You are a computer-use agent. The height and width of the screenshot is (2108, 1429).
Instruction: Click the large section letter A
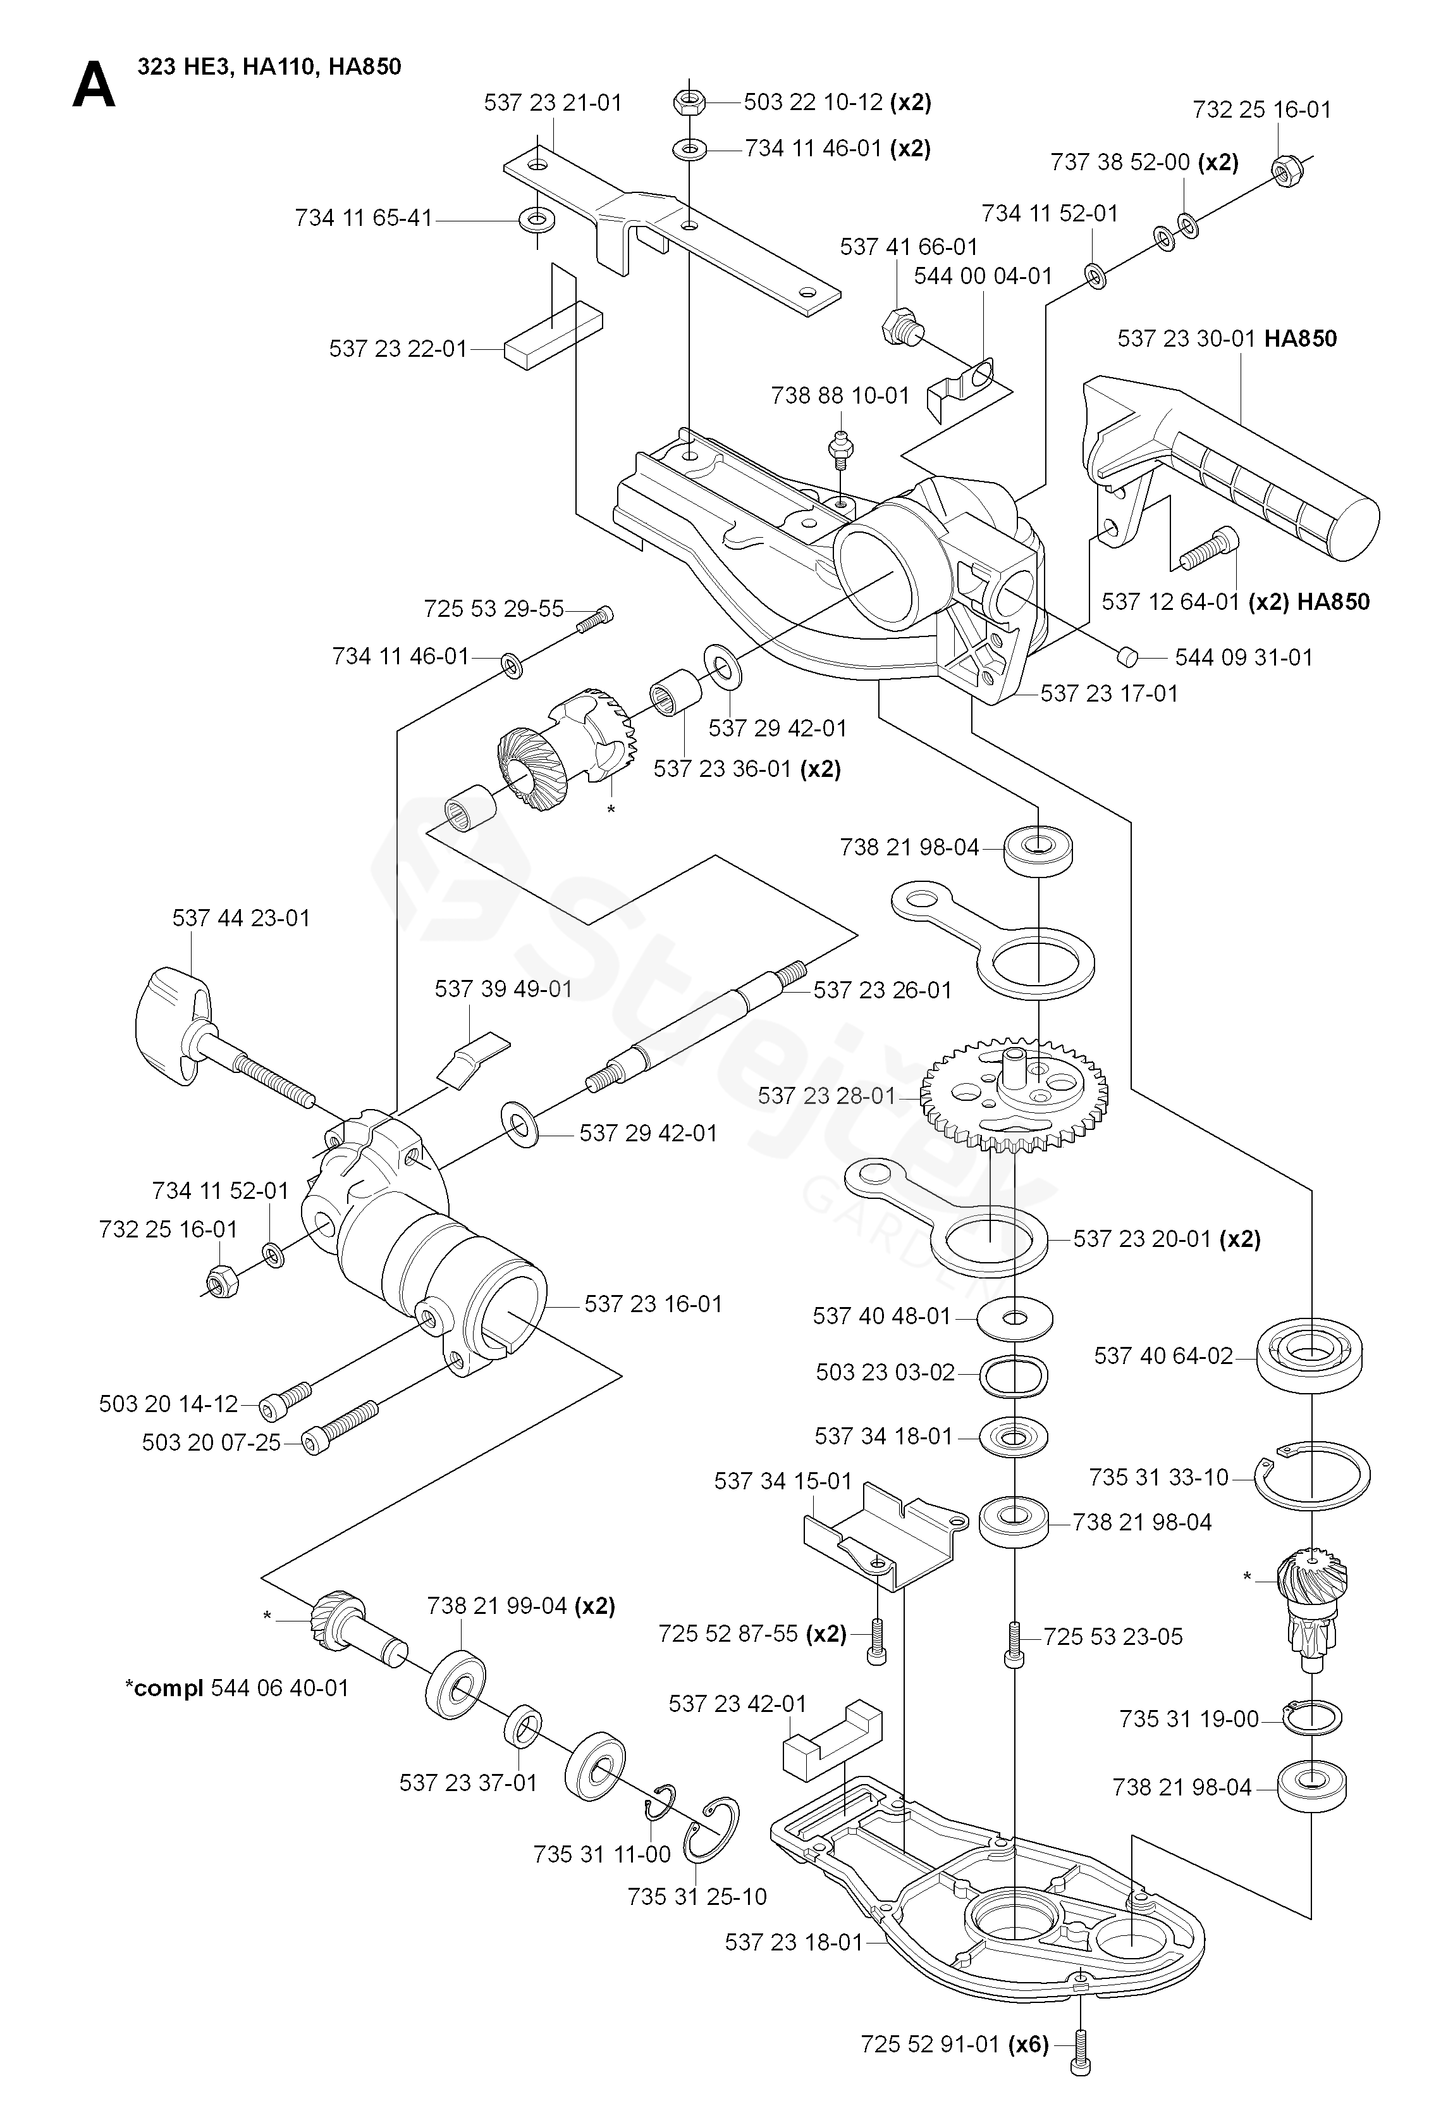coord(94,86)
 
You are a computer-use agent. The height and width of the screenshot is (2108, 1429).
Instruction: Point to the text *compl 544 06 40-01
coord(236,1688)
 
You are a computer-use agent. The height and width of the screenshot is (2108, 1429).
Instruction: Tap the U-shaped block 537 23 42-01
coord(832,1738)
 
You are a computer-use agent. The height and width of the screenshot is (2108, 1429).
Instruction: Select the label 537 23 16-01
coord(653,1303)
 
